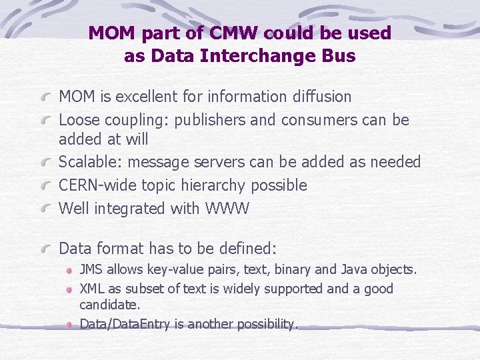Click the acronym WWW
pyautogui.click(x=227, y=209)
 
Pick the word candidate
pyautogui.click(x=110, y=305)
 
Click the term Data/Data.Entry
pyautogui.click(x=131, y=324)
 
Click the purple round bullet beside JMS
pyautogui.click(x=70, y=271)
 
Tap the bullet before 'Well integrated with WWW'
pyautogui.click(x=46, y=209)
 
